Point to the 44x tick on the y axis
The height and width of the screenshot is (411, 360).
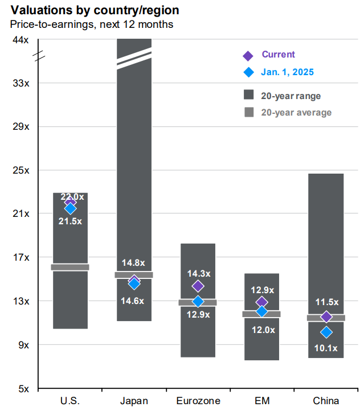click(21, 40)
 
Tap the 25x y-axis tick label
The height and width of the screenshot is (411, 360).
click(21, 170)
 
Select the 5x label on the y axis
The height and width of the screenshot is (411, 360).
click(24, 389)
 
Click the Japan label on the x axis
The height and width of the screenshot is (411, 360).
click(134, 401)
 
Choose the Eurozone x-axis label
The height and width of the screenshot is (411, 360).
click(198, 401)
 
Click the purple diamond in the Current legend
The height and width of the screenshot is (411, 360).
click(248, 56)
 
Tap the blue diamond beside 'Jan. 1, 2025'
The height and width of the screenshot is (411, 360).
click(248, 72)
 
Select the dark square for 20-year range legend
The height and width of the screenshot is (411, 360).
click(248, 95)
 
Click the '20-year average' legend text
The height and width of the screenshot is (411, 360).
click(296, 112)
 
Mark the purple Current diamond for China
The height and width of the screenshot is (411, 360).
click(326, 317)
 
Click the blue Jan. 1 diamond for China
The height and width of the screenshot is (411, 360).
click(326, 332)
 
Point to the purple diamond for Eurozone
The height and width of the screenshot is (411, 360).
click(198, 286)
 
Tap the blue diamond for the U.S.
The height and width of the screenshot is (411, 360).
click(70, 209)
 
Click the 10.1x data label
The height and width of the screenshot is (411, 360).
click(326, 348)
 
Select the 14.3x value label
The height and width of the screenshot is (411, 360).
click(198, 273)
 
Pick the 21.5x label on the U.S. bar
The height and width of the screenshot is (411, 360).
click(70, 221)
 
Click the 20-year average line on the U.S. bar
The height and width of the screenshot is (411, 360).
click(70, 267)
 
